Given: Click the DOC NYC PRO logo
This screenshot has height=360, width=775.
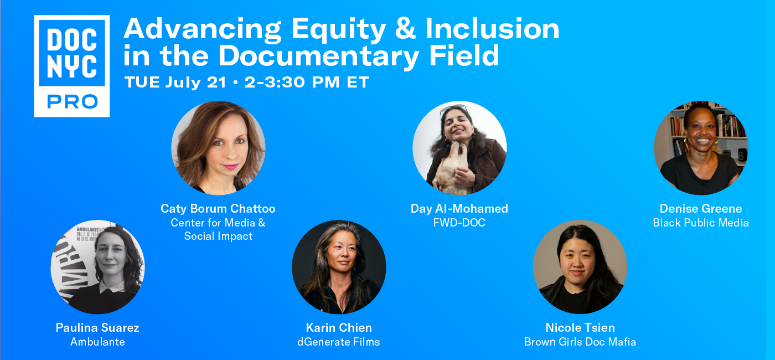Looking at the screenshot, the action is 72,66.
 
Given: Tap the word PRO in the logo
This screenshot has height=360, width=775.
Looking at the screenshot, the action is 73,102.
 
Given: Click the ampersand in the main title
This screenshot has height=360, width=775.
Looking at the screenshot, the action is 405,28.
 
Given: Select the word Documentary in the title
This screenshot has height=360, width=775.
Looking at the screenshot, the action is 319,56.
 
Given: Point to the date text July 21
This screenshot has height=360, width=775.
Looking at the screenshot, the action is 195,83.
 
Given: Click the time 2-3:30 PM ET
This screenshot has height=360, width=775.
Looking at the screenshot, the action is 307,83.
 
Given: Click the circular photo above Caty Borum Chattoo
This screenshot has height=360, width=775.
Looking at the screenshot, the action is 218,148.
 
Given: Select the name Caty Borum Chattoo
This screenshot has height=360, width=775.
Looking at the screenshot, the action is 218,208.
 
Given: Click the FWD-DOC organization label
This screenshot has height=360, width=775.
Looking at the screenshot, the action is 459,223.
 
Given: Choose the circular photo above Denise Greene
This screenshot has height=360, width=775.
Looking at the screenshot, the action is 701,148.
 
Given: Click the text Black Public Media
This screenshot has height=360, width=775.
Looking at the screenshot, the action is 701,223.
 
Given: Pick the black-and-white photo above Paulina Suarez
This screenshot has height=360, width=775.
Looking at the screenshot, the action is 98,267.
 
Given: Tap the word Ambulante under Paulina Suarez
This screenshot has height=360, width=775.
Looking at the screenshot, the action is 97,342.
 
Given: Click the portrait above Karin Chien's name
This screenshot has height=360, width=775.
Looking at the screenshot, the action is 339,267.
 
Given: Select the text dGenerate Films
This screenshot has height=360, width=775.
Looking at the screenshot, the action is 339,342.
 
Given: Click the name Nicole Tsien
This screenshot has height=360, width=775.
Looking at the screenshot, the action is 580,327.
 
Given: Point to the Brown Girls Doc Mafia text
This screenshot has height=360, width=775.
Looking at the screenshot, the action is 580,342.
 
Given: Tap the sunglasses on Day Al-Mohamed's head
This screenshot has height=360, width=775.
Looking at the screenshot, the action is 453,109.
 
